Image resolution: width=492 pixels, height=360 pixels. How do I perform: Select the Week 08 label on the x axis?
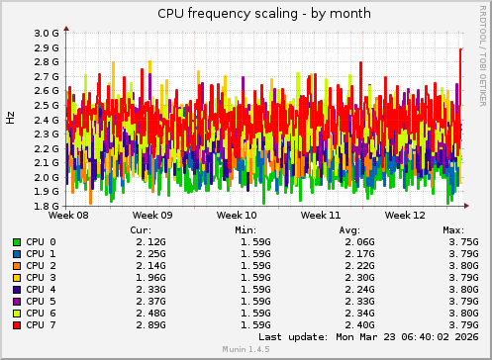click(68, 215)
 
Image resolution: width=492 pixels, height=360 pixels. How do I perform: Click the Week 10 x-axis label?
click(237, 215)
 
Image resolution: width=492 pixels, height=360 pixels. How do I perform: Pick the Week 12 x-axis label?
click(406, 215)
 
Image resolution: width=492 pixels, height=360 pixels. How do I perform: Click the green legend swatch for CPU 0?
click(17, 241)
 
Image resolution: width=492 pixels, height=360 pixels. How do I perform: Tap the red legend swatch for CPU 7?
click(17, 324)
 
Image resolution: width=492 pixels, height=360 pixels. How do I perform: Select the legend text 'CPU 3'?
click(42, 277)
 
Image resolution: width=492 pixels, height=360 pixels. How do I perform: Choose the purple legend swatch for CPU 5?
click(17, 301)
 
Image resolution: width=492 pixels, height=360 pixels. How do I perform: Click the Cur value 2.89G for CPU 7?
click(150, 324)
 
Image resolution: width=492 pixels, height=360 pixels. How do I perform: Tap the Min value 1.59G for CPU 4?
click(254, 289)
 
